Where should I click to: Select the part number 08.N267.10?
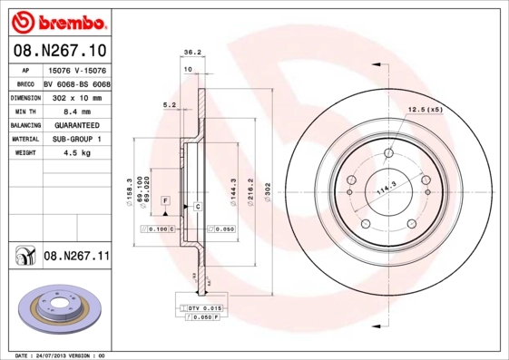(x=59, y=50)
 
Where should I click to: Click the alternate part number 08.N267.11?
(x=76, y=258)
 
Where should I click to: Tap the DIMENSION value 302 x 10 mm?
(x=76, y=96)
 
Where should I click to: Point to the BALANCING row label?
(x=24, y=124)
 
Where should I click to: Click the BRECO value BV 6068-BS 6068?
(x=77, y=82)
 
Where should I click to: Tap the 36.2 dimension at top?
(x=192, y=52)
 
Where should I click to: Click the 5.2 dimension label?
(x=169, y=105)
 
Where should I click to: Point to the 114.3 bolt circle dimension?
(x=387, y=188)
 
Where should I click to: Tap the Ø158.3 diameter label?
(x=130, y=191)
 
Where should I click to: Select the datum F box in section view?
(x=166, y=199)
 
